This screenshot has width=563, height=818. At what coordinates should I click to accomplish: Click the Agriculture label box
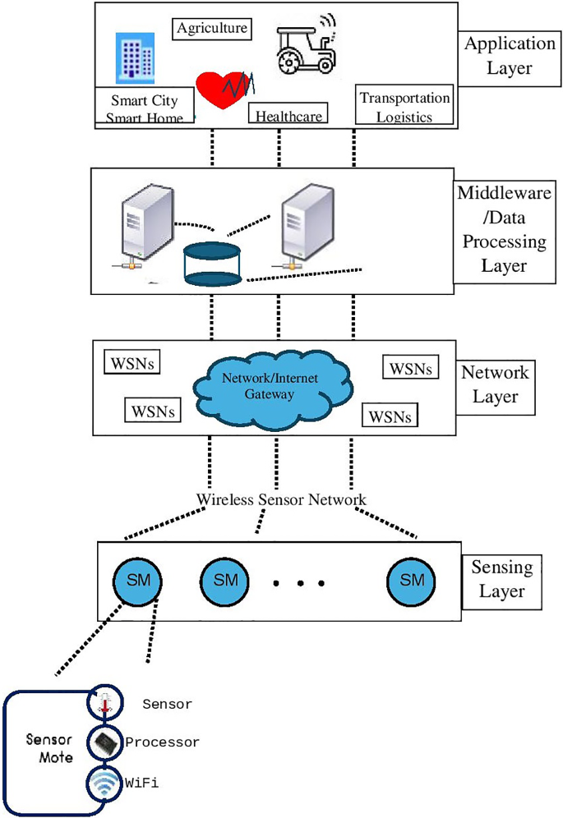(x=212, y=29)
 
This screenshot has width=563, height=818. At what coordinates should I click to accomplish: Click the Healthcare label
(x=288, y=115)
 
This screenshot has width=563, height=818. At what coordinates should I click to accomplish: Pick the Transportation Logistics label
(x=404, y=106)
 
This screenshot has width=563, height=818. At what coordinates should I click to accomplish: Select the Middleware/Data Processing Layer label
(x=502, y=230)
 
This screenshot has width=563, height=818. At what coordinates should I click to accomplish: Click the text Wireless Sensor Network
(x=281, y=499)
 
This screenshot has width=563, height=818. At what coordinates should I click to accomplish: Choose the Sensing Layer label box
(x=501, y=578)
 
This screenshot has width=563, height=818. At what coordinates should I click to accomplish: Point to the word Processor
(x=162, y=742)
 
